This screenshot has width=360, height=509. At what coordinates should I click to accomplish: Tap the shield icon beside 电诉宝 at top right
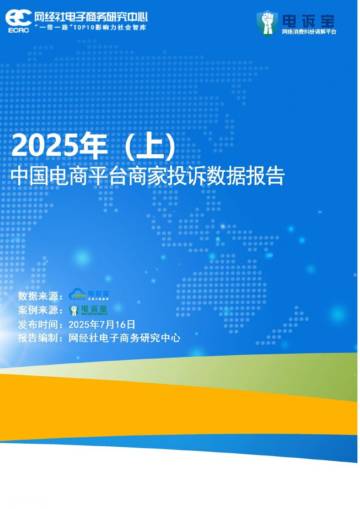pyautogui.click(x=265, y=21)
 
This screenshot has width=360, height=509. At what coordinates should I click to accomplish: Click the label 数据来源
pyautogui.click(x=40, y=296)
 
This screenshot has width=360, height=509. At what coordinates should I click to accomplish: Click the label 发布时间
pyautogui.click(x=40, y=324)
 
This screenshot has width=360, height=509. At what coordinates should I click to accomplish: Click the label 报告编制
pyautogui.click(x=40, y=338)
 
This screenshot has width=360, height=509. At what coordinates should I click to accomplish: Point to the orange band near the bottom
pyautogui.click(x=180, y=395)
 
